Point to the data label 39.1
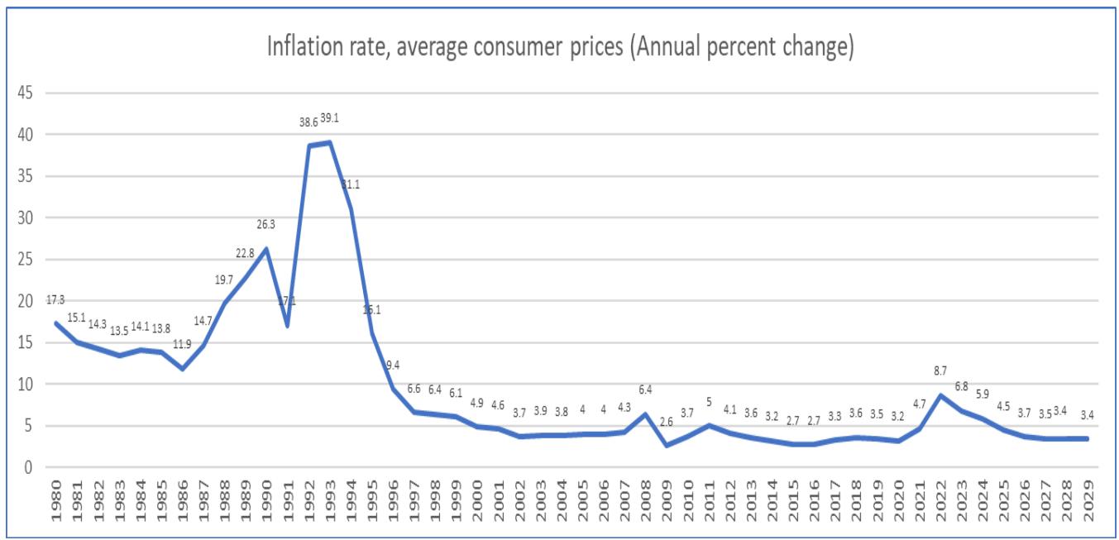pos(330,118)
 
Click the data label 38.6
pos(308,122)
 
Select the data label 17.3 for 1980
pos(55,300)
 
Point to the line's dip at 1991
pos(287,325)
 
